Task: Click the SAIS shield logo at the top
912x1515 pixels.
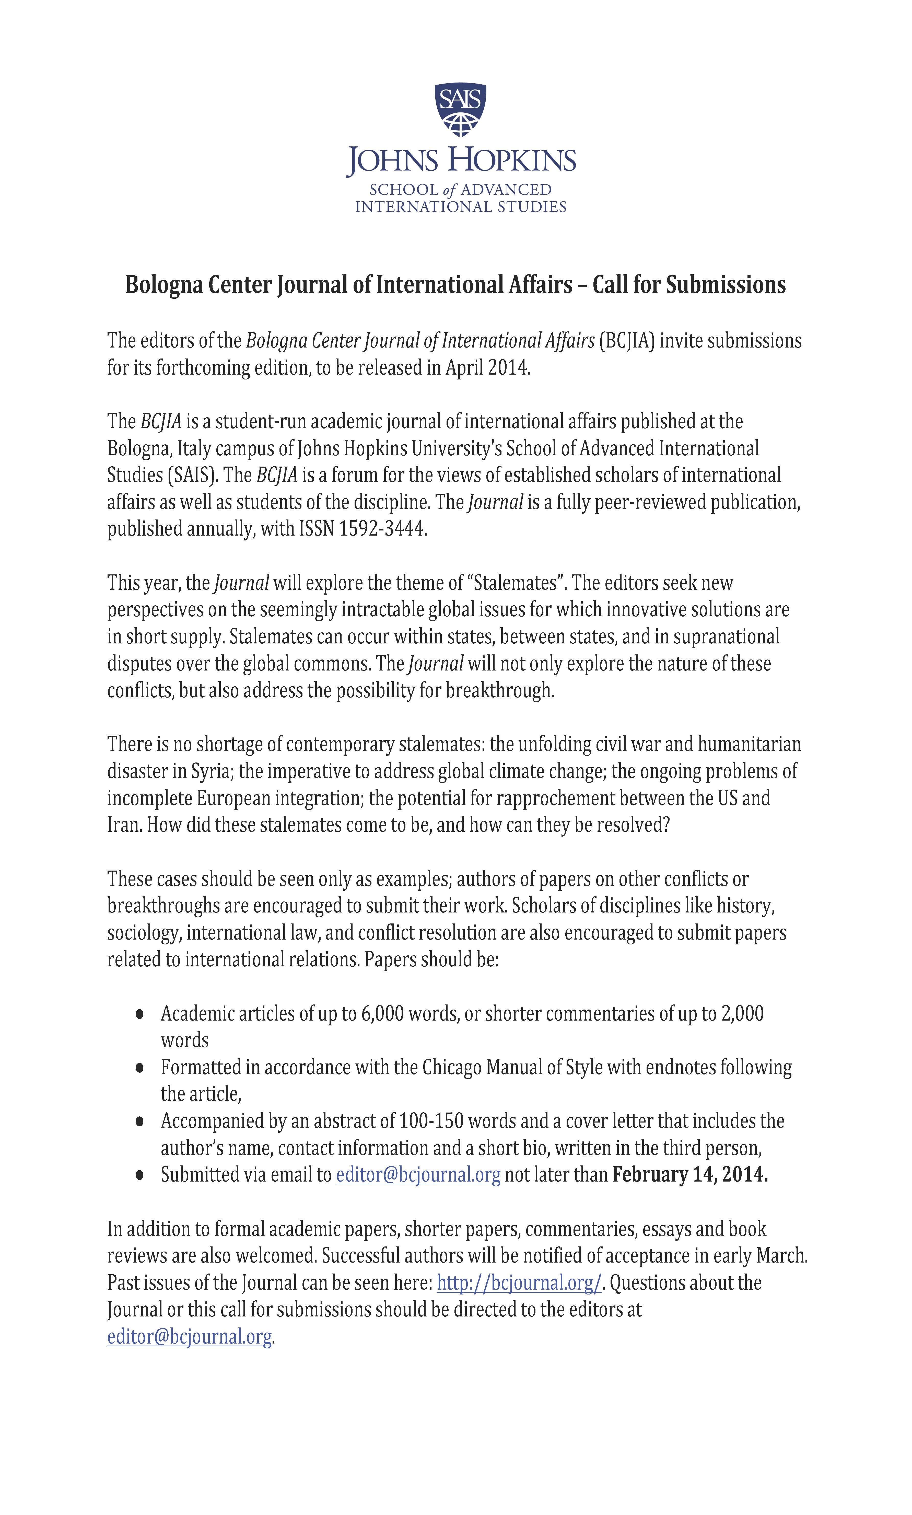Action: (460, 109)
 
